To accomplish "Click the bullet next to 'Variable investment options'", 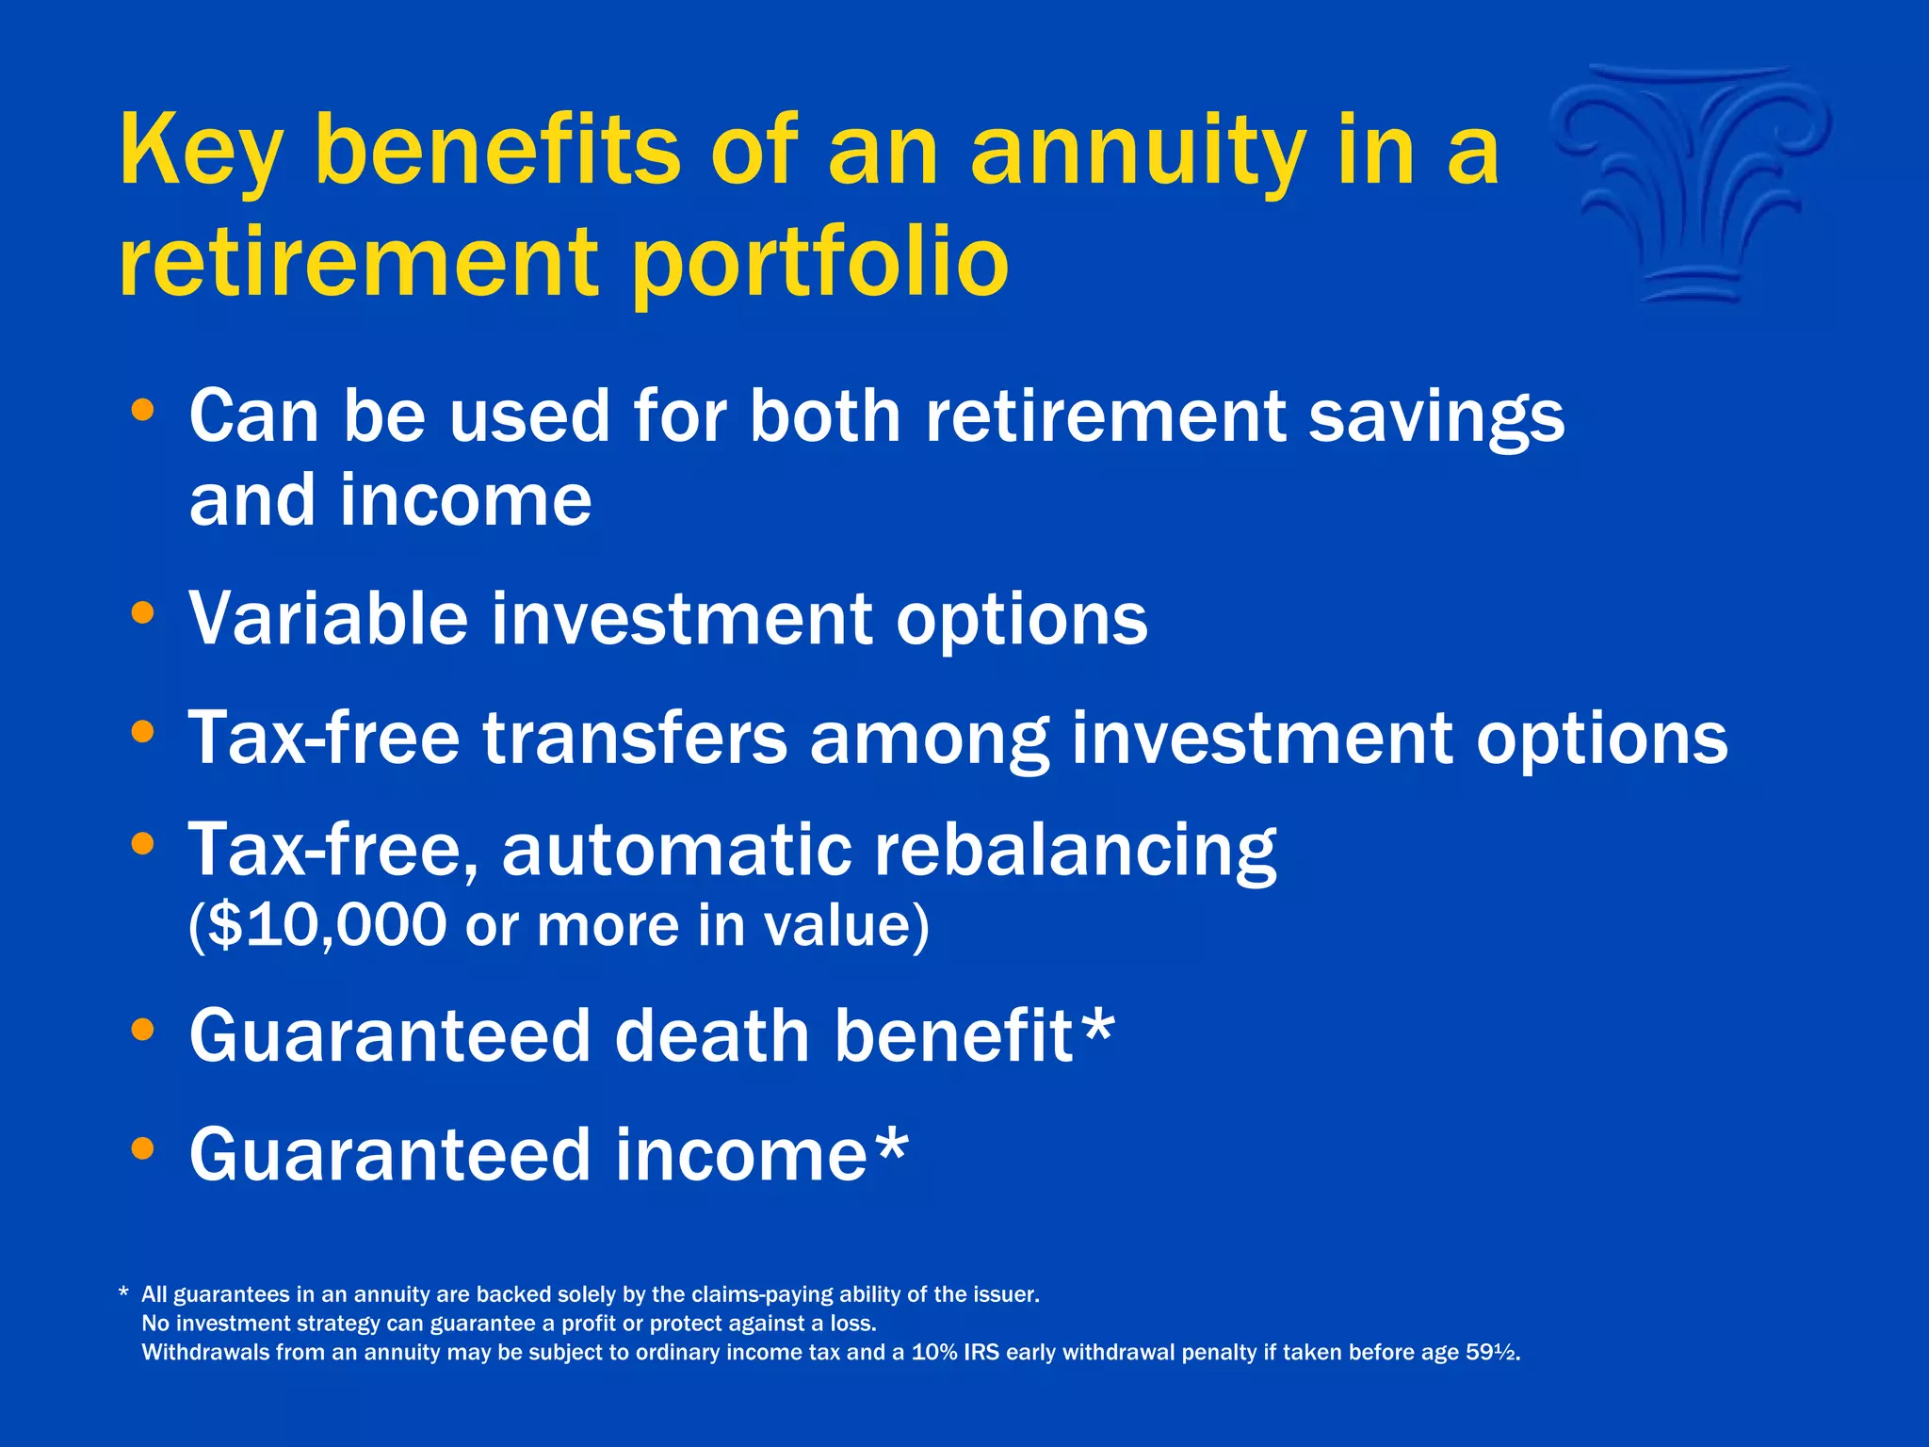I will point(143,613).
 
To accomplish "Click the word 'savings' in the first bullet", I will point(1436,417).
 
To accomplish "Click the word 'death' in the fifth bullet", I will point(712,1036).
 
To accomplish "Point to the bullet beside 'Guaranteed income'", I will point(143,1148).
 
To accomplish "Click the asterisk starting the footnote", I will point(123,1293).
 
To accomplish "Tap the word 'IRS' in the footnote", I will point(981,1353).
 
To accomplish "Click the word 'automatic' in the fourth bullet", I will point(676,851).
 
